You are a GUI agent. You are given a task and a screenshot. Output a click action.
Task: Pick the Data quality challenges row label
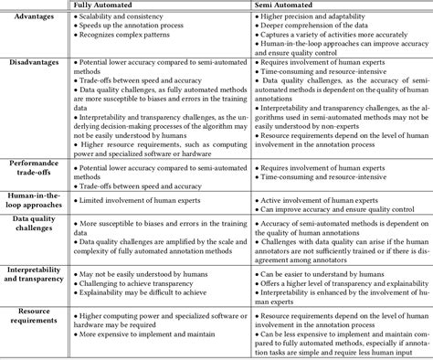click(x=35, y=235)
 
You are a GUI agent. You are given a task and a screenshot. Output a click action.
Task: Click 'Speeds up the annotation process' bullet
click(x=133, y=31)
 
